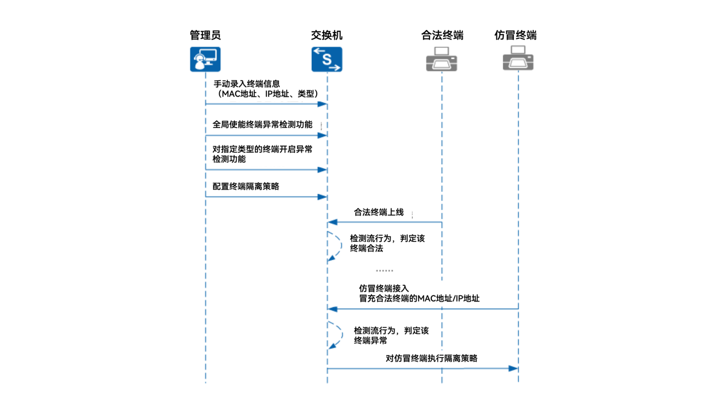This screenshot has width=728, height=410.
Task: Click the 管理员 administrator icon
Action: (x=205, y=59)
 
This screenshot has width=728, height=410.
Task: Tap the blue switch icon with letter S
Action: (x=327, y=59)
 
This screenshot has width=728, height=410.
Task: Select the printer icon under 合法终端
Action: (x=441, y=59)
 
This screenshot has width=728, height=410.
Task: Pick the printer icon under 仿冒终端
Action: (x=518, y=59)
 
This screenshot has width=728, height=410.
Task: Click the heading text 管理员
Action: (x=205, y=35)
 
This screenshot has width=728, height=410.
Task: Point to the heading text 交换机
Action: (x=327, y=35)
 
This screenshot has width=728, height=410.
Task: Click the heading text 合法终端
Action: (x=442, y=35)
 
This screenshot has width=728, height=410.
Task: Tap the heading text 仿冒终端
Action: (x=516, y=35)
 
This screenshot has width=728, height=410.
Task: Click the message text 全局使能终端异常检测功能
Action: (x=263, y=124)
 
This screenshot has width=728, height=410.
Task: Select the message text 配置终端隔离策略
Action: (x=246, y=186)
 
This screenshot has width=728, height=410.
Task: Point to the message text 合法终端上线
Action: (x=379, y=212)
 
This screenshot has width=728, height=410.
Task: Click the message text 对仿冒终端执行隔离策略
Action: (x=431, y=359)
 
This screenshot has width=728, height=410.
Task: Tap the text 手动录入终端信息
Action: (x=247, y=84)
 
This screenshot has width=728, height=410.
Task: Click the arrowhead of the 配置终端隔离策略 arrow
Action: (x=322, y=197)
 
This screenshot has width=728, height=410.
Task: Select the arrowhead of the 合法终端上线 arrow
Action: (x=333, y=222)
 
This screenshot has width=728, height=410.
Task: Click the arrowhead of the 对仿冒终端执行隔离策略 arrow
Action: (x=513, y=369)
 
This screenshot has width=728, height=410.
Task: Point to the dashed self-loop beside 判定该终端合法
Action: (x=337, y=246)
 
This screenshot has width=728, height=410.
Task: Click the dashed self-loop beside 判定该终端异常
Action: (x=338, y=335)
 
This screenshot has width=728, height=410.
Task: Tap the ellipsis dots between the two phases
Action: (x=384, y=271)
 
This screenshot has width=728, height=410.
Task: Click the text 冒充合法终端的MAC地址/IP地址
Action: (x=419, y=298)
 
